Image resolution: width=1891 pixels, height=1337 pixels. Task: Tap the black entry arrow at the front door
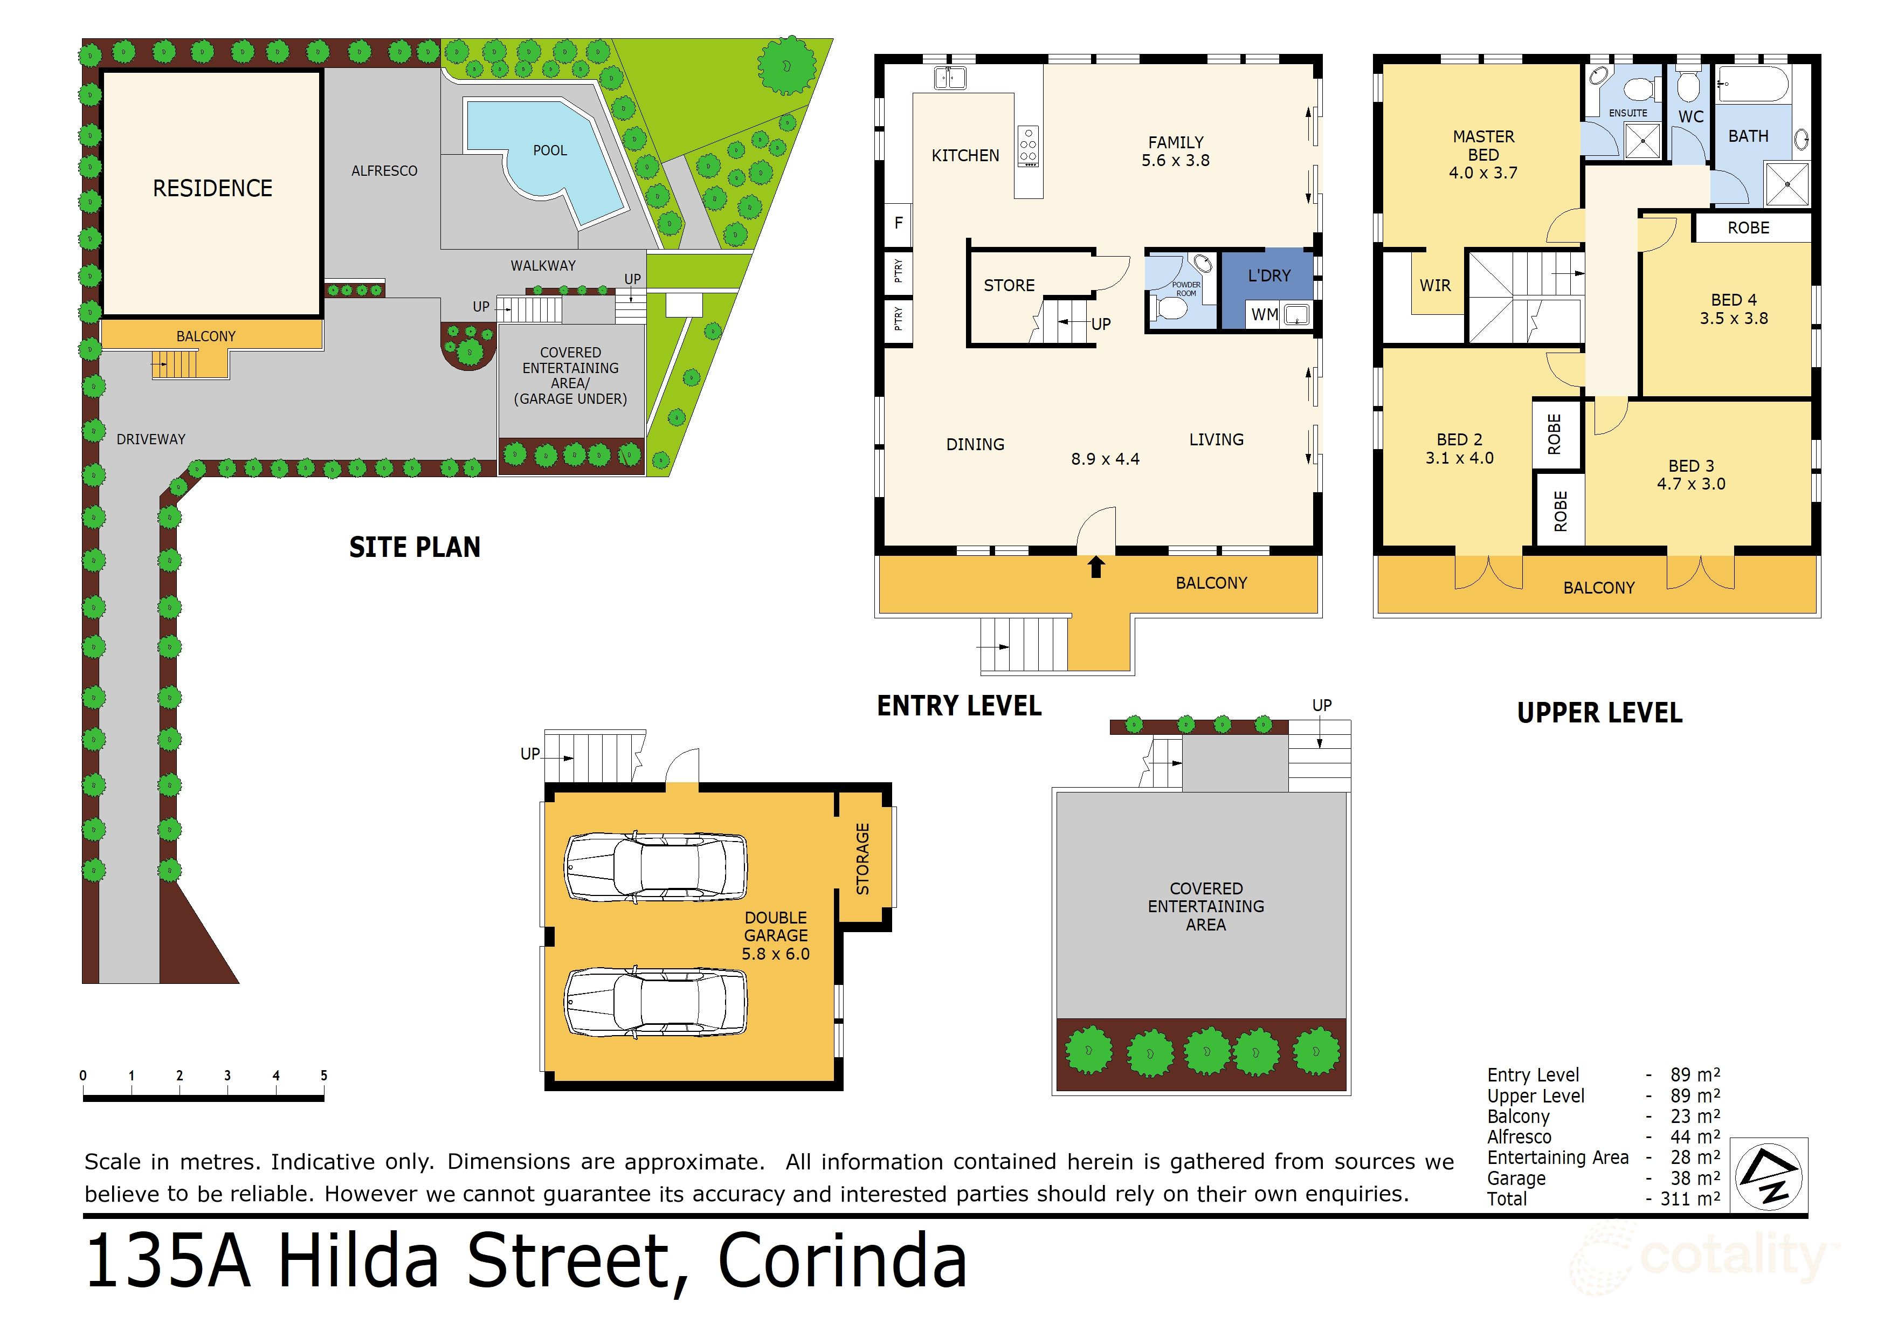click(x=1095, y=567)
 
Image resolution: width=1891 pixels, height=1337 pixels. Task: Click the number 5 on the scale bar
click(x=323, y=1075)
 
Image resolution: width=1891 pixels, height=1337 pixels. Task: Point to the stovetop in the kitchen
click(x=1028, y=147)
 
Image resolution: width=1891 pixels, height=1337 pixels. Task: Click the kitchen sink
click(x=950, y=78)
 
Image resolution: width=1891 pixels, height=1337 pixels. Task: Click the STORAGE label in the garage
click(x=862, y=858)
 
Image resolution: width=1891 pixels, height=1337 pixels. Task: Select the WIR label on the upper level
click(x=1435, y=286)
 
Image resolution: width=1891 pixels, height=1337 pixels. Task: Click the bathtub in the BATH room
click(x=1752, y=86)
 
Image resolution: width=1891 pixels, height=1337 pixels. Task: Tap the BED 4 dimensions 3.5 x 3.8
click(x=1734, y=319)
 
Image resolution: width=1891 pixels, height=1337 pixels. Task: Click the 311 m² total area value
click(x=1688, y=1198)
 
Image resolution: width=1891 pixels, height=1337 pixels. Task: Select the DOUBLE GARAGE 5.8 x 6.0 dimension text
click(x=775, y=954)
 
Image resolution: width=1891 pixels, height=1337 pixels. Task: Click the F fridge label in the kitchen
click(x=899, y=223)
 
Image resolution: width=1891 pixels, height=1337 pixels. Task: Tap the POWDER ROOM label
click(x=1185, y=289)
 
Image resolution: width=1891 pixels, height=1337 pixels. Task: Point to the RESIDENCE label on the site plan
click(x=212, y=189)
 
